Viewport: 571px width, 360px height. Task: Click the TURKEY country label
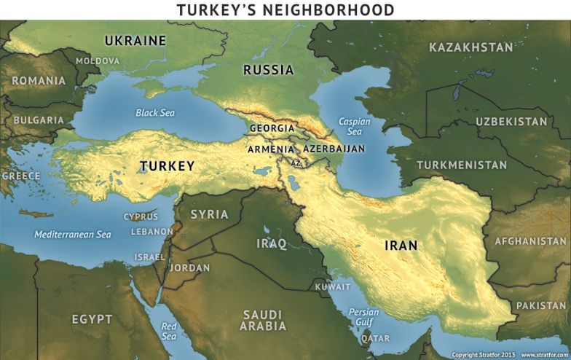point(167,166)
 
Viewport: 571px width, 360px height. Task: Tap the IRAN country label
point(401,246)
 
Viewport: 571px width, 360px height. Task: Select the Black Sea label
point(155,113)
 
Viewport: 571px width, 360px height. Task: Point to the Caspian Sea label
point(354,127)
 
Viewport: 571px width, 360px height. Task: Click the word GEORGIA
point(272,128)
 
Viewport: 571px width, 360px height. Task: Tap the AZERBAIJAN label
point(333,149)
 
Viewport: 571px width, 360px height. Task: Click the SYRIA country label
point(209,214)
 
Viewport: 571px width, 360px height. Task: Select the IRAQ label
point(271,243)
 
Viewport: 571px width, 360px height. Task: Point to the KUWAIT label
point(333,286)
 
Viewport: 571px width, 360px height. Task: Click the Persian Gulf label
point(363,317)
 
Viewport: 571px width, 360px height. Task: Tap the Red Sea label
point(169,331)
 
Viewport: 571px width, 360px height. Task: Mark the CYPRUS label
point(141,216)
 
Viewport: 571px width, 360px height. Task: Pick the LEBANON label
point(151,232)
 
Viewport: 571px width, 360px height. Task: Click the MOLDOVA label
point(97,60)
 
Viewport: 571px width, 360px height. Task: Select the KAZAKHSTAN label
point(470,47)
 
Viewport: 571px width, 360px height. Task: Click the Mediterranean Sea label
point(73,235)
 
